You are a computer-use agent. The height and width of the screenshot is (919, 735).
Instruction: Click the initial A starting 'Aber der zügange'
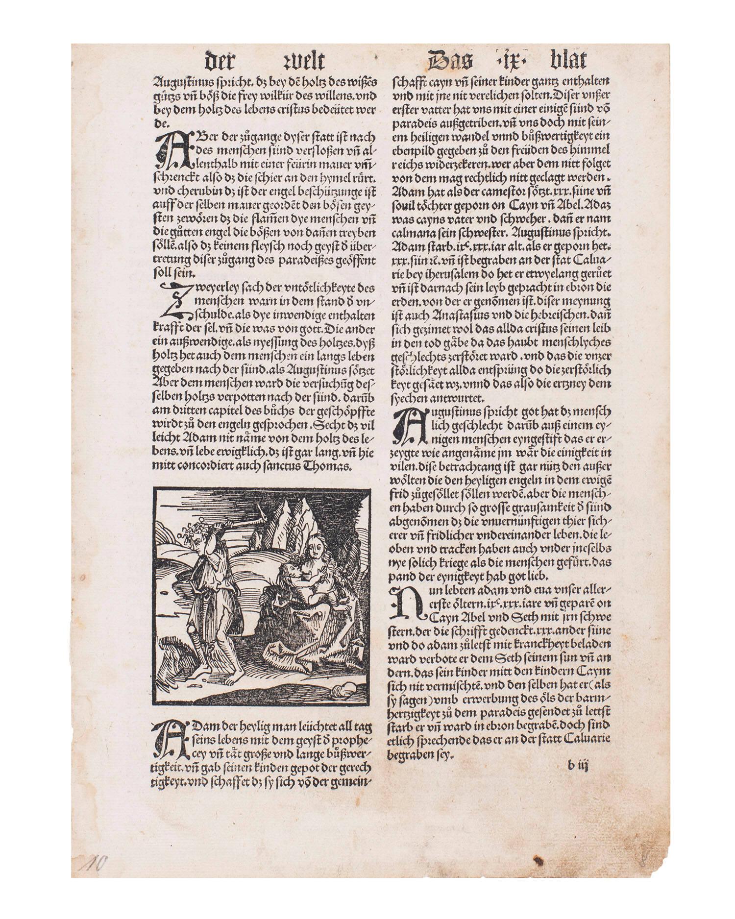tap(167, 148)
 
